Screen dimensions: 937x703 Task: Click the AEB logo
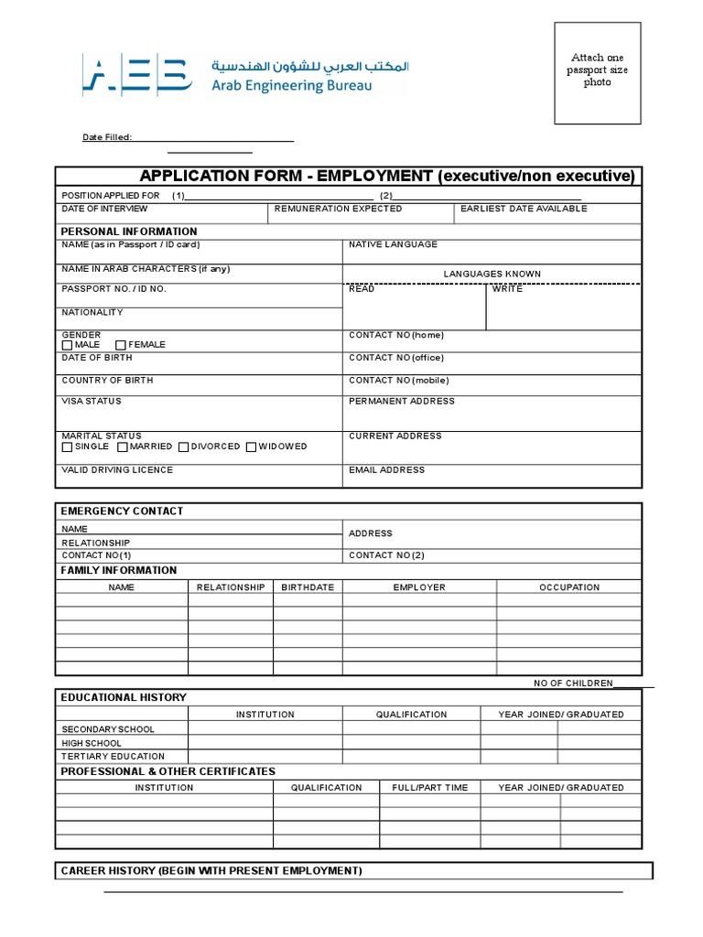point(136,74)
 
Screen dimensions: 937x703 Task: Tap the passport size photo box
point(597,72)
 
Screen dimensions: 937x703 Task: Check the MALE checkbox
point(67,345)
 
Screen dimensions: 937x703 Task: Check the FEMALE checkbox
point(120,345)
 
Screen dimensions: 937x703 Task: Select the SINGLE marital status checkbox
point(67,447)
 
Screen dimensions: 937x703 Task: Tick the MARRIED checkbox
point(123,447)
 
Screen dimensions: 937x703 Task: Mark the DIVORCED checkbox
point(184,447)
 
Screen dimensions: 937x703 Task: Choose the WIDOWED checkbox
point(252,447)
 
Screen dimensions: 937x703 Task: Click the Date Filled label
point(107,137)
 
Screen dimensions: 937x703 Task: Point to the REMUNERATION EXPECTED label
point(338,209)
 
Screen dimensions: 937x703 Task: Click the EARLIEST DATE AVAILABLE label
point(524,209)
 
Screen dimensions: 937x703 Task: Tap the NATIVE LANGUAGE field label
point(393,244)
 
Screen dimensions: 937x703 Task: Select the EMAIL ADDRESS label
point(386,469)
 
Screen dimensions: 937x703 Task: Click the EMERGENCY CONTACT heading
point(122,511)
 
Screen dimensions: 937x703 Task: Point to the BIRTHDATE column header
point(308,587)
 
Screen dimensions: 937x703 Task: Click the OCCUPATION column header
point(569,587)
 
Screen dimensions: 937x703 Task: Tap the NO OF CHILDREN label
point(573,684)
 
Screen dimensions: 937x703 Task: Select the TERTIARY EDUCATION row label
point(113,757)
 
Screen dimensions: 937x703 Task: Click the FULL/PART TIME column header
point(429,787)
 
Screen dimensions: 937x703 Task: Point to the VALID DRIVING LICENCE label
point(117,469)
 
